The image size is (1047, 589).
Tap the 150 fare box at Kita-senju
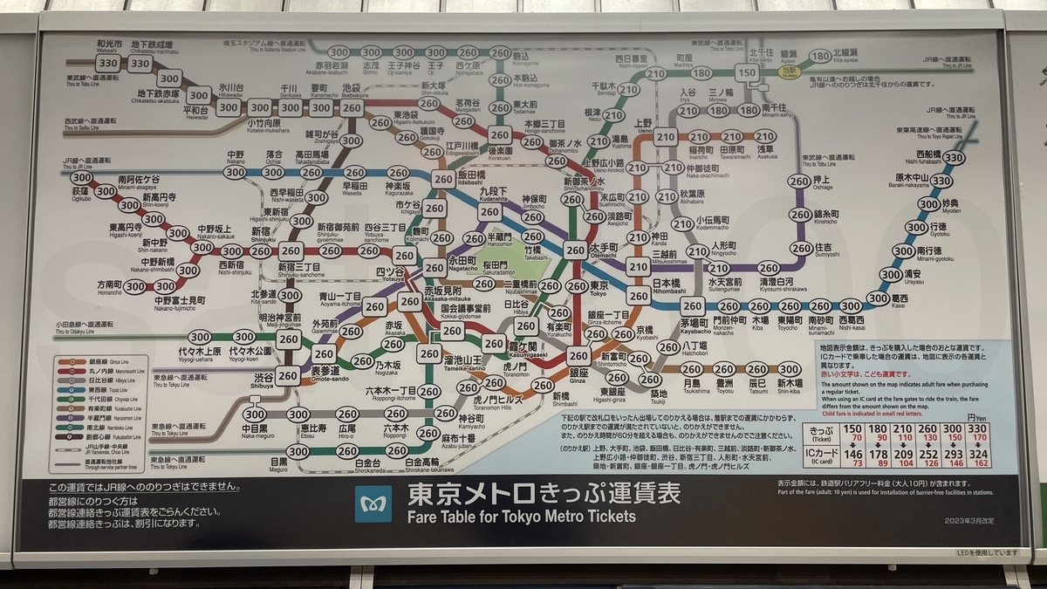pos(747,73)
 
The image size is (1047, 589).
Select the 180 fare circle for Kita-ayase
pos(820,56)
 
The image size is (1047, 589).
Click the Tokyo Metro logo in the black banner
pos(373,503)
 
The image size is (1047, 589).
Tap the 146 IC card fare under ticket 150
pos(853,454)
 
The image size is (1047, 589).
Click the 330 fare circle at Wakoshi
pos(108,63)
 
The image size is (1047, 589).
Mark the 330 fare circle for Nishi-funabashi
pos(954,158)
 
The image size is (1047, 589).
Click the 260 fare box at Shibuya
pos(288,376)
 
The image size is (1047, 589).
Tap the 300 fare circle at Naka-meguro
pos(255,414)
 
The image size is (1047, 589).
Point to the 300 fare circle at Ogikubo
pos(82,177)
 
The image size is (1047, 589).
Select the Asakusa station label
pos(765,150)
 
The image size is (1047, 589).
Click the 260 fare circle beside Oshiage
pos(799,181)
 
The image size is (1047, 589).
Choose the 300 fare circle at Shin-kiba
pos(789,369)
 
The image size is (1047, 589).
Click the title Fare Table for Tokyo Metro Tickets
pos(521,516)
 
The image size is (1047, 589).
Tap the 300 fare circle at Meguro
pos(298,451)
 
